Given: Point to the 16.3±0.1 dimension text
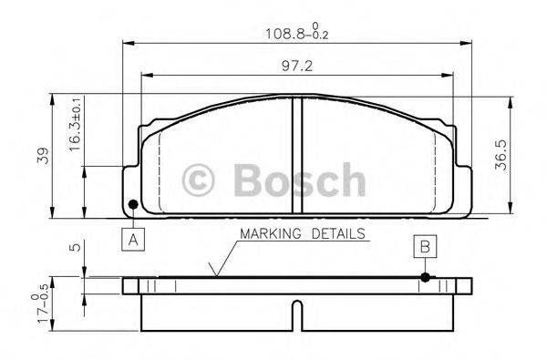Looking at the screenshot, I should [x=75, y=126].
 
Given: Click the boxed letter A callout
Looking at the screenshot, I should [x=133, y=239].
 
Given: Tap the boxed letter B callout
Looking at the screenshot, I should [x=425, y=246].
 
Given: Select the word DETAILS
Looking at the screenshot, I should [x=336, y=234].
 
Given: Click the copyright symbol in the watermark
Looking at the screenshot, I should [x=199, y=179].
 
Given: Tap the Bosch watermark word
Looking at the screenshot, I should [x=298, y=178].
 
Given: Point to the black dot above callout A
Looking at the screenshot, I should [x=133, y=203].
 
